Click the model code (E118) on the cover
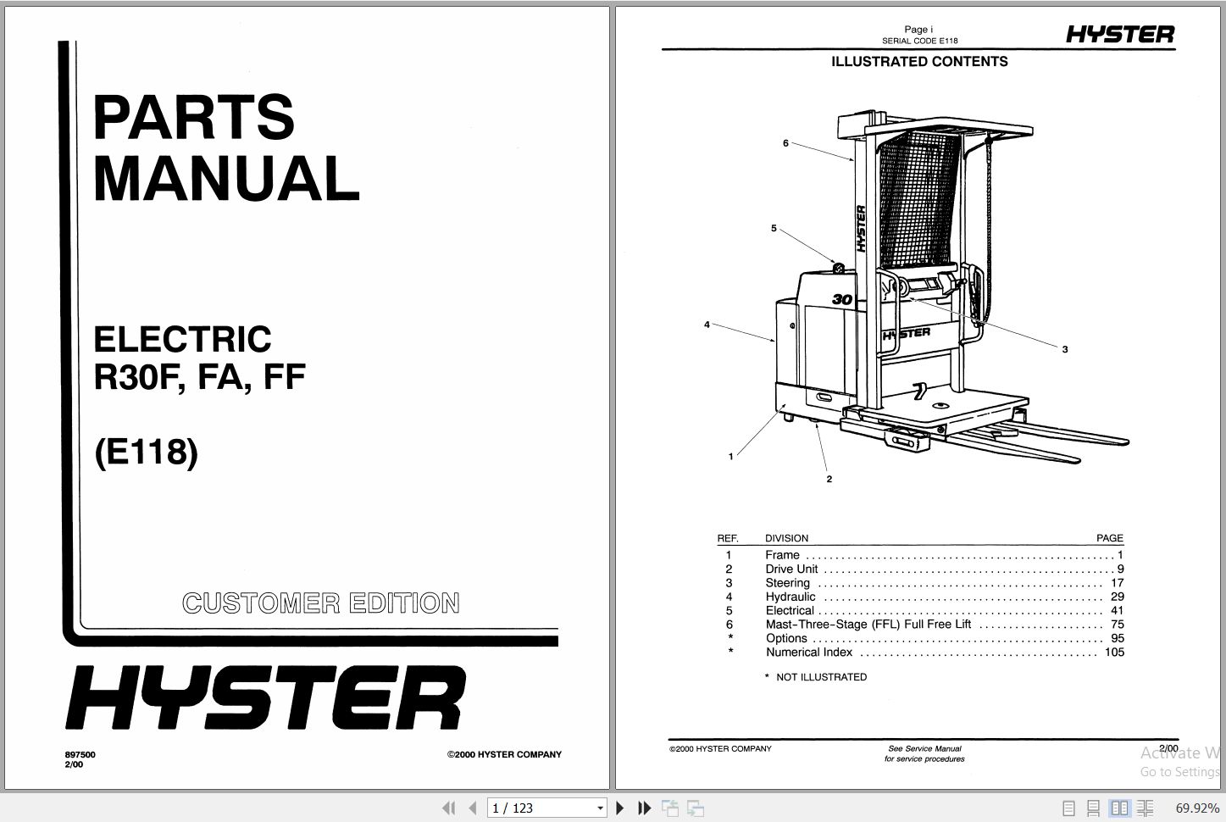coord(147,451)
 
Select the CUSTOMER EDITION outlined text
coord(321,603)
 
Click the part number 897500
coord(80,754)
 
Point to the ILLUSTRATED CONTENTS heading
coord(919,62)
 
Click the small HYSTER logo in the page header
coord(1120,35)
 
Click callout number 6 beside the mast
coord(785,143)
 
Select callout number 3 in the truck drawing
coord(1065,349)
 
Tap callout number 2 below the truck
coord(829,479)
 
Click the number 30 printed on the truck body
coord(841,299)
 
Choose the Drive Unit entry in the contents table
coord(791,569)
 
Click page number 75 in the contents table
coord(1117,625)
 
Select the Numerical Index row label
coord(809,653)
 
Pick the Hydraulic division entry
coord(791,597)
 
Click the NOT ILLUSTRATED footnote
coord(820,677)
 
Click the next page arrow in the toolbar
coord(620,808)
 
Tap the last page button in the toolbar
coord(644,808)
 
